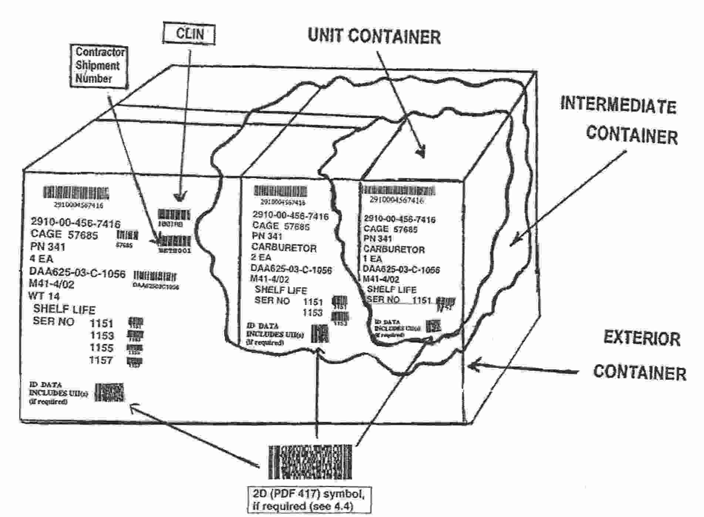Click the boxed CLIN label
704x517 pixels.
point(189,34)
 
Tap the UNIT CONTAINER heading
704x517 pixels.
point(374,36)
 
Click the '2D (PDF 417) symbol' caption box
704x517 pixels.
point(309,500)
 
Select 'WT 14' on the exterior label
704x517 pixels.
point(44,296)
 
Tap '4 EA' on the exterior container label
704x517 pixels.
point(41,258)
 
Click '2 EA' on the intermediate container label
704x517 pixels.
point(261,257)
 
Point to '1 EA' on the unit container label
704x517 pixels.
point(373,259)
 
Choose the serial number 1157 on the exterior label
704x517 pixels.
point(101,360)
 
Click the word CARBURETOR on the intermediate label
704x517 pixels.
point(284,248)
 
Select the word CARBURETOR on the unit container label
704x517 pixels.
point(394,249)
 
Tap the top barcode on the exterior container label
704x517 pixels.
point(76,193)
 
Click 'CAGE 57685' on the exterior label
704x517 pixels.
point(64,235)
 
